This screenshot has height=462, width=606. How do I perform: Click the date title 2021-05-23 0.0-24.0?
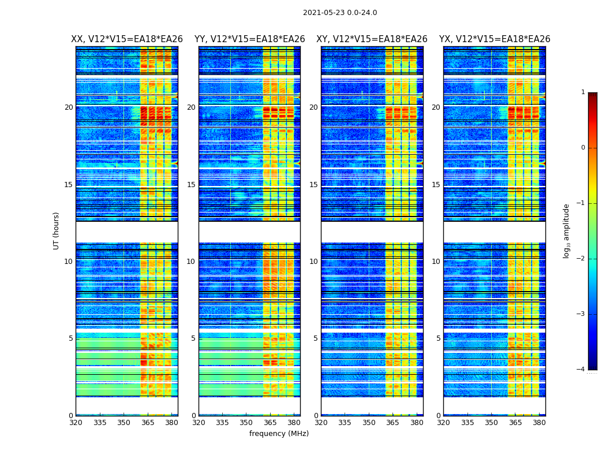point(340,13)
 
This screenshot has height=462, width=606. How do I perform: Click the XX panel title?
point(127,39)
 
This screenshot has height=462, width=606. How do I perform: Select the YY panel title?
point(249,39)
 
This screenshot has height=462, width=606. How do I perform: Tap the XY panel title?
point(372,39)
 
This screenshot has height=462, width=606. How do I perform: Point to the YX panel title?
point(495,39)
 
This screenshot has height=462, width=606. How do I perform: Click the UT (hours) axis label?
point(57,230)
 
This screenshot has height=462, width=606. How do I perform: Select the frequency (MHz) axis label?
point(279,434)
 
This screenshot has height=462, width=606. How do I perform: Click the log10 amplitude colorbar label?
point(567,230)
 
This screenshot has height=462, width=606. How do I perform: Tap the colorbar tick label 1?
point(583,92)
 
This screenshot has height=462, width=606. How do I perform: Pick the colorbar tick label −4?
point(582,370)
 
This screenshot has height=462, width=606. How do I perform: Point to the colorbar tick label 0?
point(583,148)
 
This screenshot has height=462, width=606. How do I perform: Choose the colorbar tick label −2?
point(582,259)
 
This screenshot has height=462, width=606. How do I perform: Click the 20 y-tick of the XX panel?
point(69,107)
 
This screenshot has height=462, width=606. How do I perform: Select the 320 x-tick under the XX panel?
point(76,422)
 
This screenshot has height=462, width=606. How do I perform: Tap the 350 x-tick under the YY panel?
point(246,422)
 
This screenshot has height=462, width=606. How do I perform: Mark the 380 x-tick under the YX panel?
point(539,422)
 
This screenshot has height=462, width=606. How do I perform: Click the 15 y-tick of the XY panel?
point(313,185)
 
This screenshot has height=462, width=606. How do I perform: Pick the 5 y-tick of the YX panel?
point(438,338)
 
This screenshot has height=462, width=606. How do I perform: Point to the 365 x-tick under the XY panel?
point(393,422)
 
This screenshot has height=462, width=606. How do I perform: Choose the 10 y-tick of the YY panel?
point(191,262)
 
